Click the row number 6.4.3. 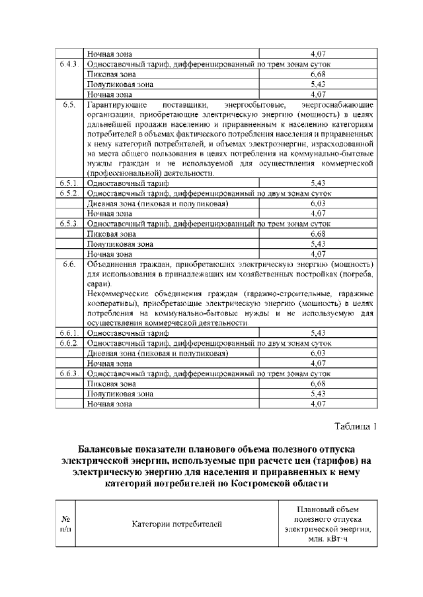pos(69,64)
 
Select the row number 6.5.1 pos(69,183)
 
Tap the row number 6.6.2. pos(69,344)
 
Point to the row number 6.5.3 pos(69,224)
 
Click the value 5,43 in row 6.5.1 pos(318,183)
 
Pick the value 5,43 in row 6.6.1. pos(318,334)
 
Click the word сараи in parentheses pos(98,283)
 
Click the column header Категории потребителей pos(176,524)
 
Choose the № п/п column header pos(67,524)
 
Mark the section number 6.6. pos(69,265)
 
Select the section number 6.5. pos(69,105)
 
